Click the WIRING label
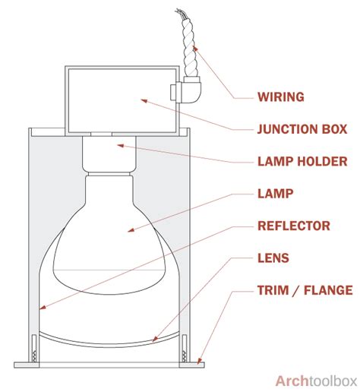281,97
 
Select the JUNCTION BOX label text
302,129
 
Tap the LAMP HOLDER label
302,161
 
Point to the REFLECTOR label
294,226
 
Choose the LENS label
273,258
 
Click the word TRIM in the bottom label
273,290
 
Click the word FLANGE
328,290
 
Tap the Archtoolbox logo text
316,381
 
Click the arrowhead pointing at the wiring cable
195,48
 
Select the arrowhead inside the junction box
144,101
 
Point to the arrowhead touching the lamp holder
120,146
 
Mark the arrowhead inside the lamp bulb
131,230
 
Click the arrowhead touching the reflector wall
43,307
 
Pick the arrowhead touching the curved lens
155,339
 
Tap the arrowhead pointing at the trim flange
199,361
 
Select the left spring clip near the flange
34,348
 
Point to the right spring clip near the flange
185,348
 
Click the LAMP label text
275,194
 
